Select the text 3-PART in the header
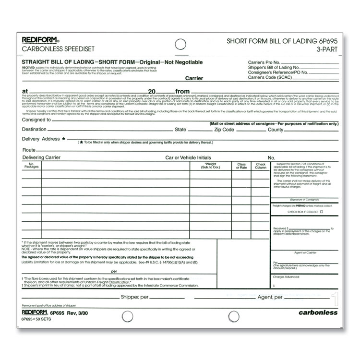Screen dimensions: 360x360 click(327, 48)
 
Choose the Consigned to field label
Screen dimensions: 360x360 click(36, 120)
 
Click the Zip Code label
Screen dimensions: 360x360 click(224, 130)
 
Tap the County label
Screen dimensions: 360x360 click(276, 130)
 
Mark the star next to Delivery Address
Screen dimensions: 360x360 click(64, 139)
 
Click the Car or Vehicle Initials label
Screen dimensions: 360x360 click(188, 157)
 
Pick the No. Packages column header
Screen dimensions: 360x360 click(31, 166)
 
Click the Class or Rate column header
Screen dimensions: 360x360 click(241, 166)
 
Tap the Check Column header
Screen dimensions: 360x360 click(261, 166)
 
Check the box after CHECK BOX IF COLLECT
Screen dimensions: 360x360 click(322, 212)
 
